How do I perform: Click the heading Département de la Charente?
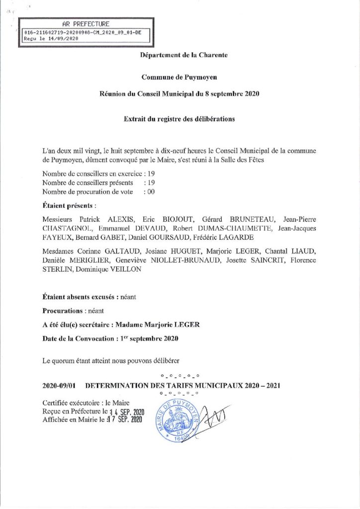click(184, 56)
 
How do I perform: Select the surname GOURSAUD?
click(169, 237)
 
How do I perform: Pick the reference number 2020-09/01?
click(59, 385)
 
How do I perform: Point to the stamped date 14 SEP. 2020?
click(126, 413)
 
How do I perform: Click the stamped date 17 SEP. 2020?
click(126, 421)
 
